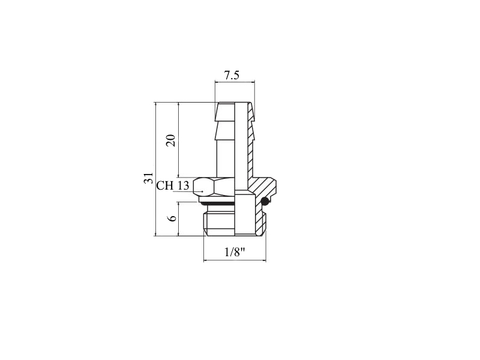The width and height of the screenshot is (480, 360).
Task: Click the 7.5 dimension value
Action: [232, 76]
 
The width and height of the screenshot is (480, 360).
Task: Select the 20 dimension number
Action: [171, 140]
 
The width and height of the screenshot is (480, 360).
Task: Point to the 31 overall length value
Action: [148, 178]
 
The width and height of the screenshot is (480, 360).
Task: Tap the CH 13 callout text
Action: [173, 185]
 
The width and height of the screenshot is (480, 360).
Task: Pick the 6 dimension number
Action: [173, 218]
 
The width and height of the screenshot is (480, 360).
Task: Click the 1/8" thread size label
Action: [235, 252]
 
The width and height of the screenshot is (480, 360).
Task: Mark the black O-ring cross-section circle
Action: [265, 201]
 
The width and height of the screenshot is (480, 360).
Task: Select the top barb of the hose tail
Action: [226, 112]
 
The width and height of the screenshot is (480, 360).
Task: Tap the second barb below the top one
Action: [226, 131]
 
